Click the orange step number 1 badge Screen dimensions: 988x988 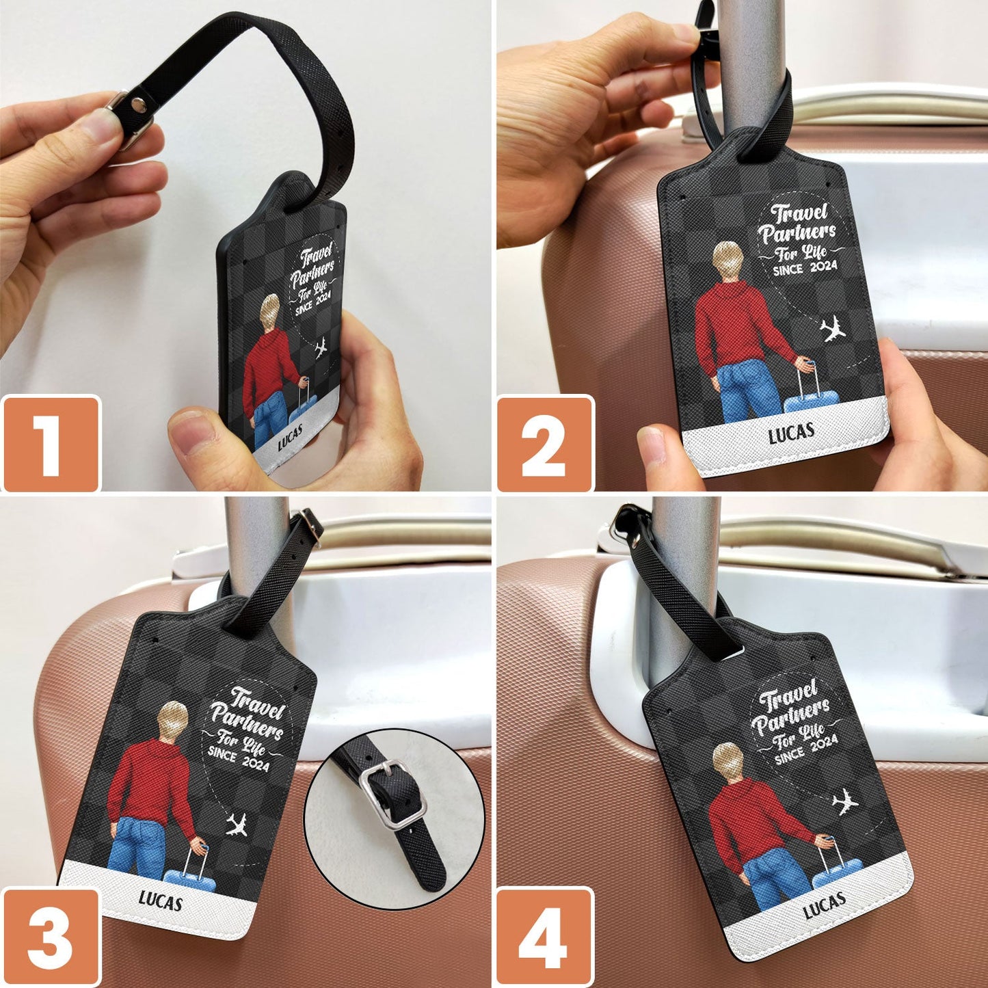coord(51,444)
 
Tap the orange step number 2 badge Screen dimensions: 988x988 coord(545,444)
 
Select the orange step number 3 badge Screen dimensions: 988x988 coord(51,937)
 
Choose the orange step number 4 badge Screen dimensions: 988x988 coord(545,937)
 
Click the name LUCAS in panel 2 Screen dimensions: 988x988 coord(791,433)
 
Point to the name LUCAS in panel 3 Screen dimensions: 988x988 coord(161,901)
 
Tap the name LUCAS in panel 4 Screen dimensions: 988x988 coord(824,905)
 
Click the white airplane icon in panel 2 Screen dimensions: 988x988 coord(833,330)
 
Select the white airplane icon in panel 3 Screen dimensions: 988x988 coord(237,825)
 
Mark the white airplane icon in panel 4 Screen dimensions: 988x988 coord(846,801)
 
